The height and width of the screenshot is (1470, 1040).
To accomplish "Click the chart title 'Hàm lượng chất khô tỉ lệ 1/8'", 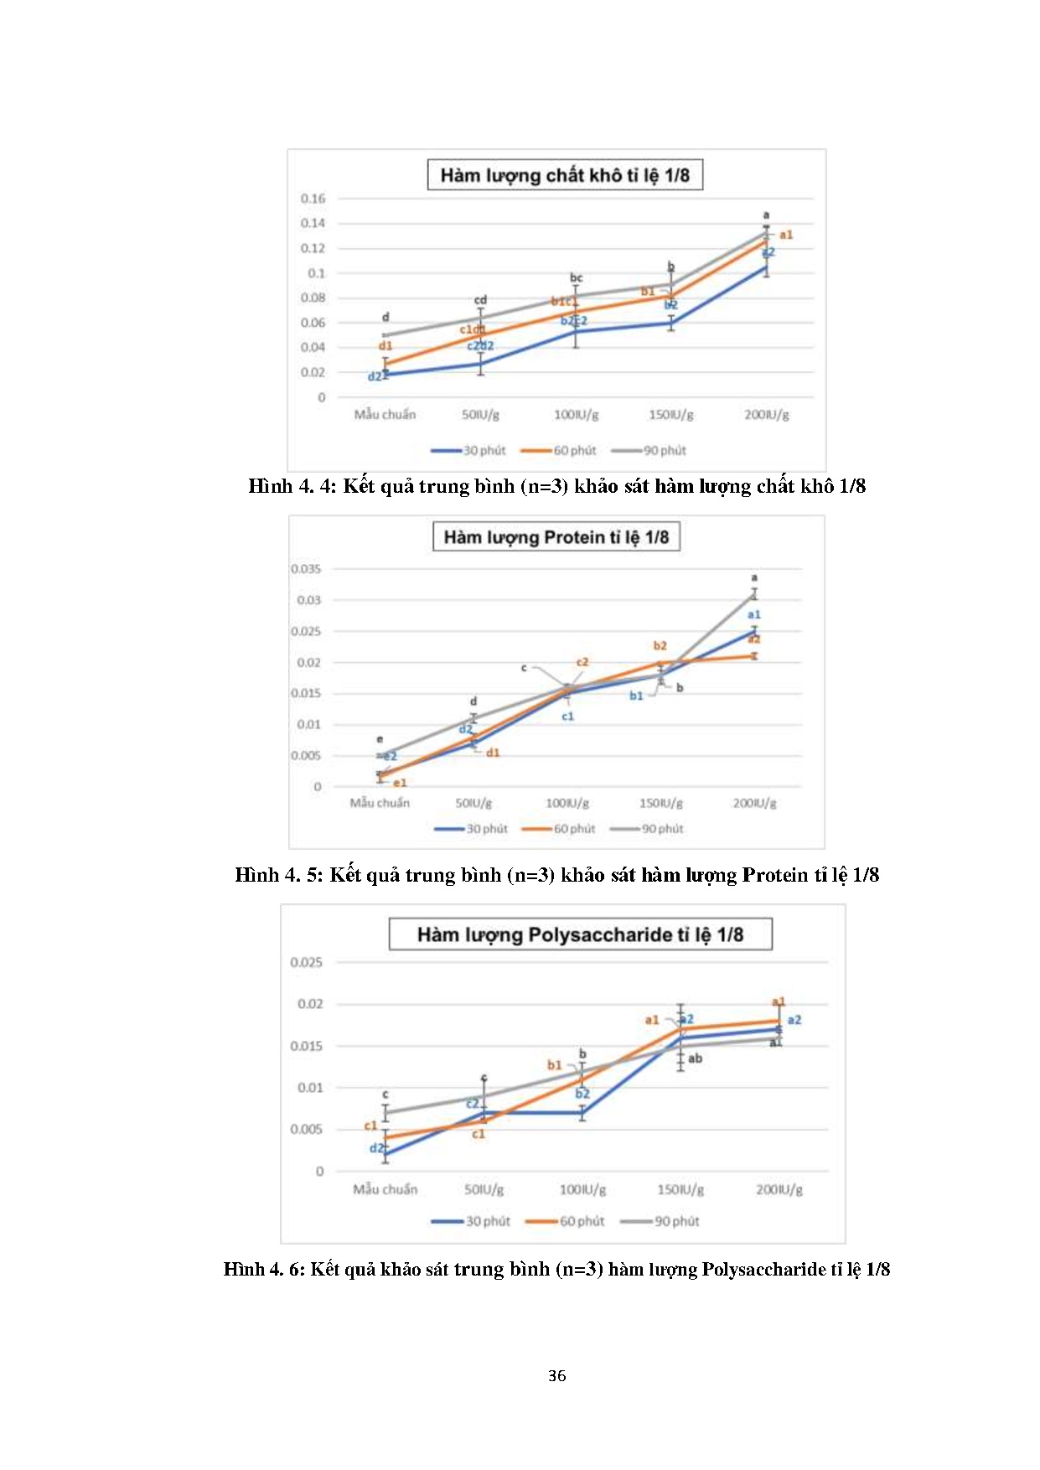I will [x=565, y=175].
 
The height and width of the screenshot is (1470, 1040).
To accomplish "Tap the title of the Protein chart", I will [x=556, y=537].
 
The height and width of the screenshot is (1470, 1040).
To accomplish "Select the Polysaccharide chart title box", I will [x=580, y=934].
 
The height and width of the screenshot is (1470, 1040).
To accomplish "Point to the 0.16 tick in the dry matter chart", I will [x=313, y=199].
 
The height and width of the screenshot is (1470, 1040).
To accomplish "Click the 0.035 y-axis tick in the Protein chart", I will [x=306, y=569].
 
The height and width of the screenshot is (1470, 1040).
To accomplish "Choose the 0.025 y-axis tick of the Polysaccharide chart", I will [x=306, y=962].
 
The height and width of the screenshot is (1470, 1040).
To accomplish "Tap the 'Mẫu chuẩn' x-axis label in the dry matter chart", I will [x=385, y=415].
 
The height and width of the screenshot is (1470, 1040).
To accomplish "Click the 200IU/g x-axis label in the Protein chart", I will [x=754, y=803].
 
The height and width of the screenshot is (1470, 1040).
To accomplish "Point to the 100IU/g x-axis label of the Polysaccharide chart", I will [x=582, y=1189].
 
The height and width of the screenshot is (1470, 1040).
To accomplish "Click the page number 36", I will [x=556, y=1375].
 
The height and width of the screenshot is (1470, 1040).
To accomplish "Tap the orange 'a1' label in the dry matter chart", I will [x=785, y=235].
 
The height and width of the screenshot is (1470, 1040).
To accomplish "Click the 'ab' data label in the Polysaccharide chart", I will [x=695, y=1059].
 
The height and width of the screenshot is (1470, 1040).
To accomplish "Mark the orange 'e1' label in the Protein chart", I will [x=400, y=783].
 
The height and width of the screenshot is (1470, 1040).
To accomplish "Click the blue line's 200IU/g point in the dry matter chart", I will [x=766, y=267].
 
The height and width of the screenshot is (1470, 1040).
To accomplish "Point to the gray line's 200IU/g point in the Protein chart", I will [x=754, y=594].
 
